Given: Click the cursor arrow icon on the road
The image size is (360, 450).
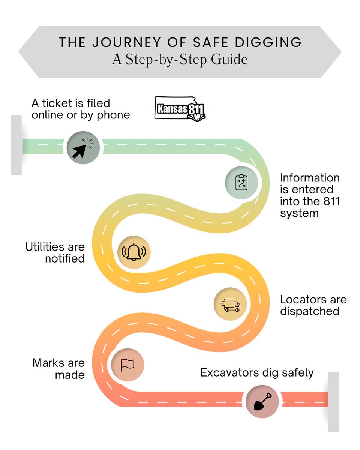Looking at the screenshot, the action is (83, 147).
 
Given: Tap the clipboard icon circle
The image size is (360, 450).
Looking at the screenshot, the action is (241, 183).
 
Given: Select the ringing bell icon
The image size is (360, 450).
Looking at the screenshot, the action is (134, 252).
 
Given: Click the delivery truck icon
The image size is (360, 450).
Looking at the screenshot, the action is (230, 304).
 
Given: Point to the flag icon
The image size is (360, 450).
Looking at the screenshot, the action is (127, 364).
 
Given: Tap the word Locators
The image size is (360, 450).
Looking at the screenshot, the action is (303, 300).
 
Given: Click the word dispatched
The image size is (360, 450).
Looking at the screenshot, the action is (310, 311).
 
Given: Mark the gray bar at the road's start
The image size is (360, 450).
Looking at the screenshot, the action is (16, 145).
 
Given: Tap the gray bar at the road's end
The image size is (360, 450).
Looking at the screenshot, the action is (334, 401).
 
